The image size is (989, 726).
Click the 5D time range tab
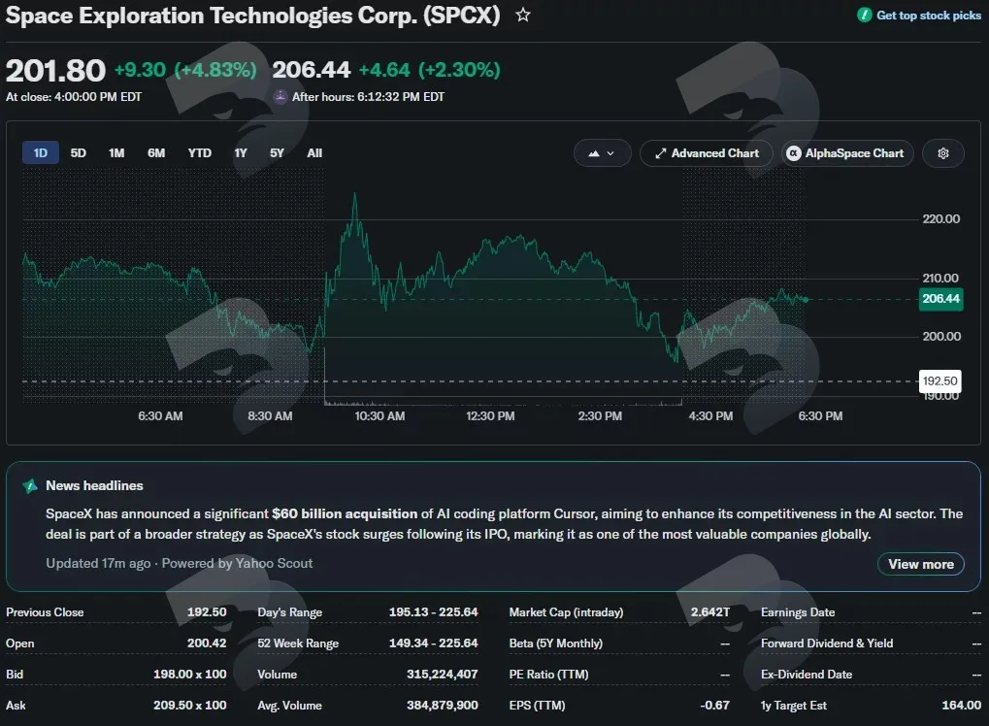coord(79,153)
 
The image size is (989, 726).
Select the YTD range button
coord(199,153)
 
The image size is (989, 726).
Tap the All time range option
coord(314,153)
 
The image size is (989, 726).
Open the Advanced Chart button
coord(707,153)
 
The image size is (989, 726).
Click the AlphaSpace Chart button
coord(847,153)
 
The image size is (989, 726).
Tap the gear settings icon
coord(943,153)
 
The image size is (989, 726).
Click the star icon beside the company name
coord(523,15)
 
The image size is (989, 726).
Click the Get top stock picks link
coord(919,16)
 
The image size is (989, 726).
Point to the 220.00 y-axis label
coord(941,219)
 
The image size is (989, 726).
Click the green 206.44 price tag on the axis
coord(941,298)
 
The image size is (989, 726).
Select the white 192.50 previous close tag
coord(940,381)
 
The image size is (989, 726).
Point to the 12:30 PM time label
coord(490,416)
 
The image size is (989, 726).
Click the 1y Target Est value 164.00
coord(961,706)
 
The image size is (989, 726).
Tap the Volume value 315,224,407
coord(443,675)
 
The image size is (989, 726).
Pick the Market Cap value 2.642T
coord(710,611)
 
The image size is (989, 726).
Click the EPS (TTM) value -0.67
coord(714,706)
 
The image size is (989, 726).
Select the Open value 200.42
coord(207,643)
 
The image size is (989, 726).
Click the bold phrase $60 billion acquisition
coord(345,513)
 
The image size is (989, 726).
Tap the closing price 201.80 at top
coord(55,70)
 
